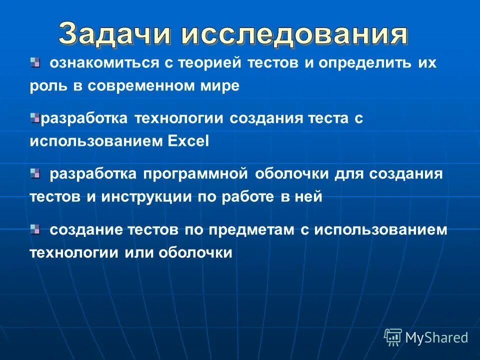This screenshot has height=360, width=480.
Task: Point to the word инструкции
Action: tap(144, 197)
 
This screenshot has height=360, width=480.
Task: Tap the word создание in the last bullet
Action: tap(83, 230)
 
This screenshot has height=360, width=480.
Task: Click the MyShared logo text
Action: tap(436, 337)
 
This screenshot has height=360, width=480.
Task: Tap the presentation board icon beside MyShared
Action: tap(392, 337)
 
